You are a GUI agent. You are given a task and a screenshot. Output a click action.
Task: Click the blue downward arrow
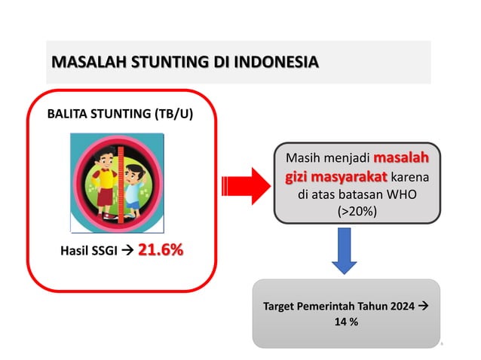click(x=344, y=251)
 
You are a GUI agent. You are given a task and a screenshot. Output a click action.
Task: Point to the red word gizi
click(x=298, y=178)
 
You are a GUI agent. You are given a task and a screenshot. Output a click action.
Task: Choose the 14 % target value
click(x=347, y=322)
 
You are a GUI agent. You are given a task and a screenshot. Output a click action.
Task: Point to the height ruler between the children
click(x=117, y=181)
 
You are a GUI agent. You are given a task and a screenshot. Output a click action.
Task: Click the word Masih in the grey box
click(x=302, y=160)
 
